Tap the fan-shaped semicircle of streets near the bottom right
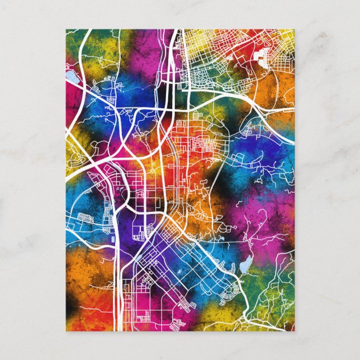click(x=235, y=288)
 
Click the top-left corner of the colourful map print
click(x=66, y=30)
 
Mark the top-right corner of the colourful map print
click(x=294, y=30)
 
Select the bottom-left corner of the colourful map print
click(x=66, y=331)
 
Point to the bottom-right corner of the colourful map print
click(x=294, y=331)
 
